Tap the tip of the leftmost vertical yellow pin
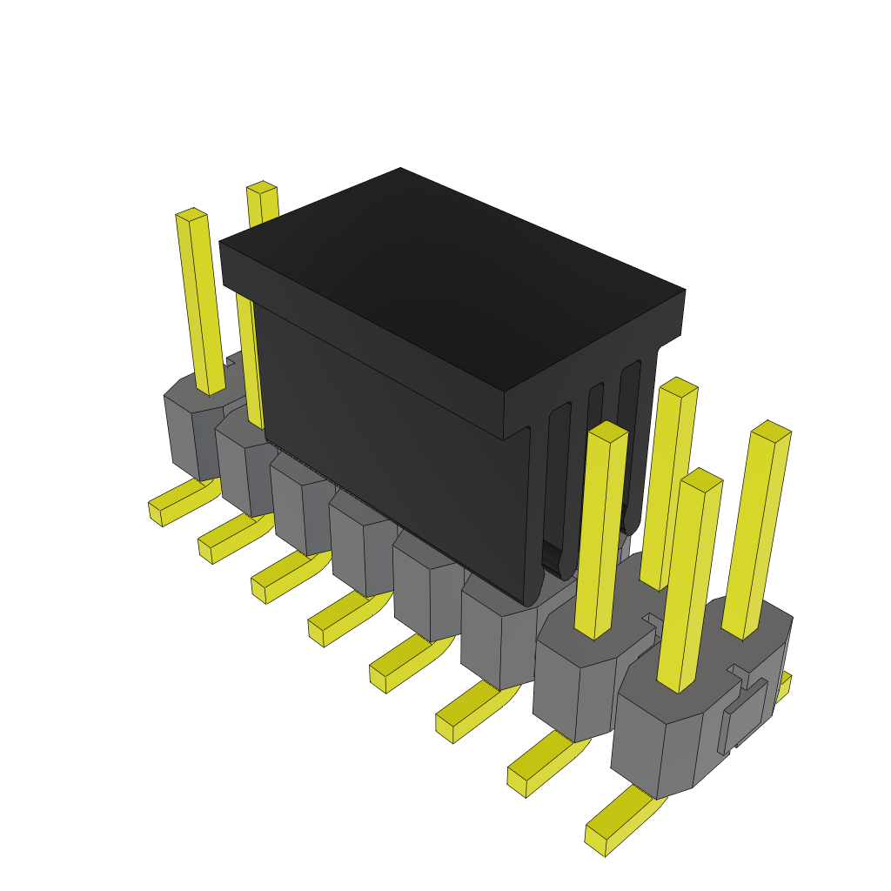pos(191,215)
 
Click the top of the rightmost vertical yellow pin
pos(771,431)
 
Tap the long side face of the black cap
pos(392,452)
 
